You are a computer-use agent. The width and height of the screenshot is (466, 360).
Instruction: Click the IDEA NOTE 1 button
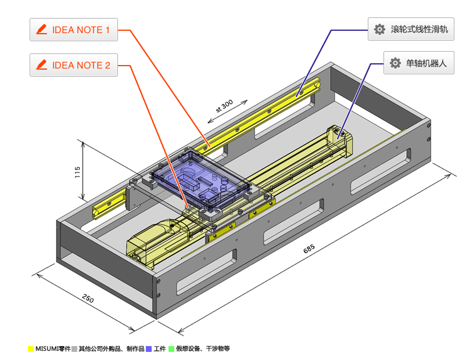click(x=74, y=30)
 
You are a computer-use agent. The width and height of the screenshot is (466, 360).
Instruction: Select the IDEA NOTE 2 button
click(x=74, y=65)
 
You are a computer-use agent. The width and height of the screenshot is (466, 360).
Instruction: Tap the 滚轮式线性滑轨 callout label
click(x=410, y=29)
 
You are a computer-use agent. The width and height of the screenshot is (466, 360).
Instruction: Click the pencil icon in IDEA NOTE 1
click(x=41, y=30)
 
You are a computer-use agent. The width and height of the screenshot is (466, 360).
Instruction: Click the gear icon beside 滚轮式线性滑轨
click(x=380, y=29)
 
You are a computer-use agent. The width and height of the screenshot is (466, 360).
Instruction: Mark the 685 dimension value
click(x=309, y=250)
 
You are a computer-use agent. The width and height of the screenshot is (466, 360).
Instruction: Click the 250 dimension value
click(x=88, y=300)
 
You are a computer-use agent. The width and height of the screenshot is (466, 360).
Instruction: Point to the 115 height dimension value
click(x=77, y=173)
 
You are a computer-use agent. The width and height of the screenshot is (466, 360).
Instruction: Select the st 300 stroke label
click(x=224, y=106)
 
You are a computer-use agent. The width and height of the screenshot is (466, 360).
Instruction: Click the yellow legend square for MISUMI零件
click(x=30, y=349)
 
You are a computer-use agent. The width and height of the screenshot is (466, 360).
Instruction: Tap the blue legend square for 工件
click(x=149, y=349)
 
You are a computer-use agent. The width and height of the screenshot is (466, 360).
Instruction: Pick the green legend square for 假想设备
click(x=171, y=349)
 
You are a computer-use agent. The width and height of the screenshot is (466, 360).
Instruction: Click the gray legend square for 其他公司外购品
click(x=74, y=349)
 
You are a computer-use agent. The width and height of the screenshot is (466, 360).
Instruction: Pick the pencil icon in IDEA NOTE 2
click(x=41, y=65)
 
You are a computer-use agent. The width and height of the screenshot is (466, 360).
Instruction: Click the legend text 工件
click(x=160, y=349)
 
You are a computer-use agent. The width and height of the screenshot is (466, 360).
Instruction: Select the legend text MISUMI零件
click(x=53, y=349)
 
